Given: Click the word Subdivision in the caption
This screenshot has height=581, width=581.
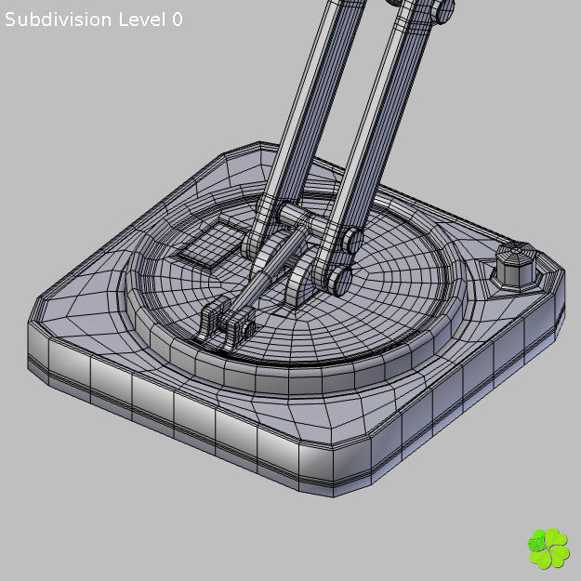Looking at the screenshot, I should pos(59,20).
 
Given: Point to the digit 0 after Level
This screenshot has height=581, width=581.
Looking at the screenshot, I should pos(177,20).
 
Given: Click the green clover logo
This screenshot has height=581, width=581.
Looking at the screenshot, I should pos(548,548).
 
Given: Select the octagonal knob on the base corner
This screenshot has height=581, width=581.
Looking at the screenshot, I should pos(516,264).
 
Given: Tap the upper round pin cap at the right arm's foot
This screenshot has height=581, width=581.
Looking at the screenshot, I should pos(350,242).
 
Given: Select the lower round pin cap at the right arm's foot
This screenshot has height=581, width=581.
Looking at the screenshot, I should pos(339,278).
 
